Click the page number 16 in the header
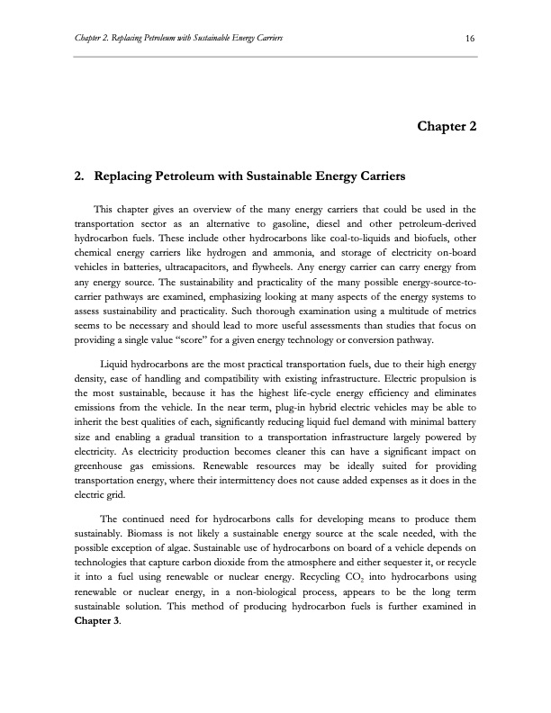pos(470,36)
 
